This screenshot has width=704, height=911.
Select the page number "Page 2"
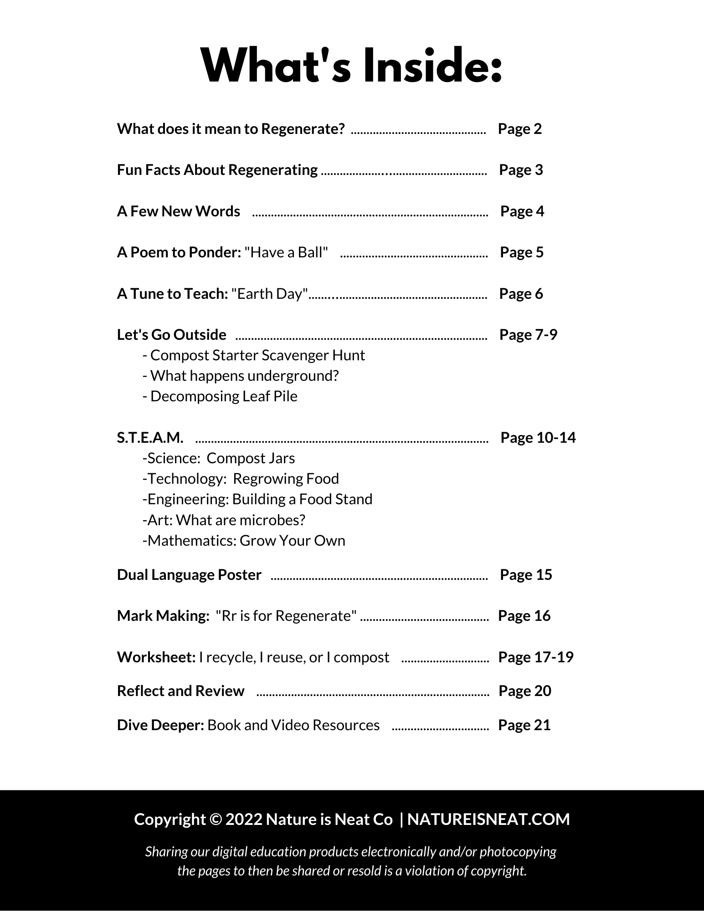pos(519,129)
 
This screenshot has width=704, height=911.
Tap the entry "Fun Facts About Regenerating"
pos(217,170)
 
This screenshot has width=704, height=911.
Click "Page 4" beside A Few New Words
pos(522,211)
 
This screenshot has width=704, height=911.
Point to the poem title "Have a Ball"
pos(286,252)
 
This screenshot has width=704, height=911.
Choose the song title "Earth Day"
pos(270,294)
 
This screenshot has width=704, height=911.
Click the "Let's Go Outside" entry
pos(171,335)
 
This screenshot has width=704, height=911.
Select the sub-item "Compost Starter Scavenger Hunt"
pos(254,355)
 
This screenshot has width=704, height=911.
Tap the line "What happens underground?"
pos(241,376)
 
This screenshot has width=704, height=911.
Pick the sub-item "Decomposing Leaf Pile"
pos(220,396)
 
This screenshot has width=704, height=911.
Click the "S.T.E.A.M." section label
pos(150,438)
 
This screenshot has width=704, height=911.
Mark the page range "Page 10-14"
pos(538,438)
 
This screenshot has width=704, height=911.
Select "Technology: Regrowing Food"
pos(241,479)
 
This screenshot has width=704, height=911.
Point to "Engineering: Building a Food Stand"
pos(257,499)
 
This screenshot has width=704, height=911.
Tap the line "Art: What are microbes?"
pos(224,520)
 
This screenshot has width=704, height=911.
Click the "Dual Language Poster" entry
pos(189,575)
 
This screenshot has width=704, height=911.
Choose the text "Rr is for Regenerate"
pos(286,616)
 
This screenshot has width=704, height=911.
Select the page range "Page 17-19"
pos(535,657)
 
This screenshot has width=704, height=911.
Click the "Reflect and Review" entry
pos(180,691)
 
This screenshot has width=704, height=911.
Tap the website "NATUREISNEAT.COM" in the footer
pos(488,819)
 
